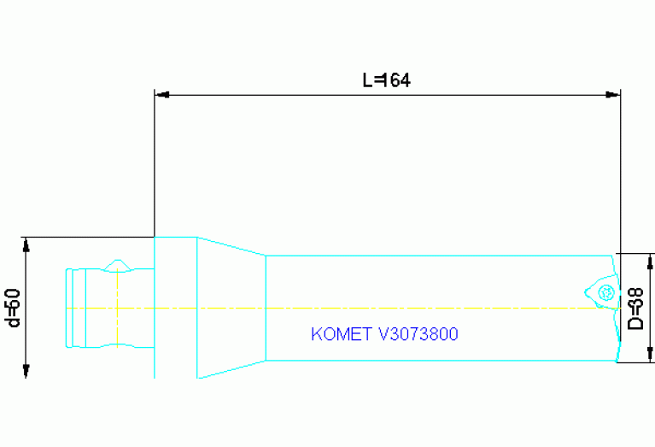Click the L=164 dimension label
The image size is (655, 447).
click(387, 80)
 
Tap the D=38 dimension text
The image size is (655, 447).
click(636, 308)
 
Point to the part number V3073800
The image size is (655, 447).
click(418, 334)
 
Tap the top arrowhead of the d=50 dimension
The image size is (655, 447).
click(26, 244)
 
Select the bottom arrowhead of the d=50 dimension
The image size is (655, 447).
click(26, 369)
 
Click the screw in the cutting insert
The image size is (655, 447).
click(607, 293)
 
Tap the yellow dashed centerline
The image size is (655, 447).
click(384, 308)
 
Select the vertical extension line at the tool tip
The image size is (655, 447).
click(620, 171)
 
